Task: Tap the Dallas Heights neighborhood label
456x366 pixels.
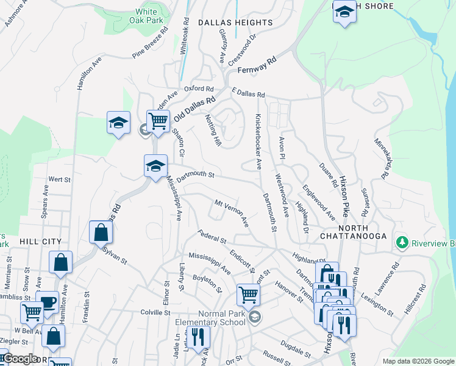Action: click(x=235, y=23)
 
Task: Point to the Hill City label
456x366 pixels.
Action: click(x=41, y=242)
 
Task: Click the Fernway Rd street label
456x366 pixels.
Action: click(x=257, y=64)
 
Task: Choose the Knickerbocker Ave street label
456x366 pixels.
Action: click(x=258, y=141)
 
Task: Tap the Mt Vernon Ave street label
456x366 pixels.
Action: click(x=231, y=212)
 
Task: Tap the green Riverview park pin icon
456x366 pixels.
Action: click(x=401, y=243)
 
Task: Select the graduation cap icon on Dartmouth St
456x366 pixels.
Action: click(x=155, y=165)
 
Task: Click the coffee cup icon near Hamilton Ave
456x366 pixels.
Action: click(x=47, y=302)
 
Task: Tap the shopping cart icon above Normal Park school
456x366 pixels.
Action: click(x=248, y=295)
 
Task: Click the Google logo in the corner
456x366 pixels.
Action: click(x=20, y=359)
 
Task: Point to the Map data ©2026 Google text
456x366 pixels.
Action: click(x=417, y=361)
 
